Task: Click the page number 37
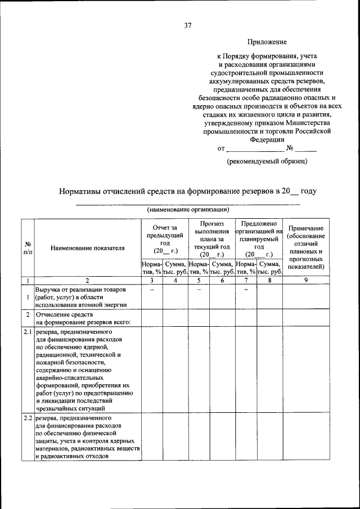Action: (188, 25)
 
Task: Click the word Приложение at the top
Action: (268, 42)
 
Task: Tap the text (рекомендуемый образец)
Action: (267, 161)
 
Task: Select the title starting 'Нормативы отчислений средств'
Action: (188, 191)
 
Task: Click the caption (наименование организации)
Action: (188, 209)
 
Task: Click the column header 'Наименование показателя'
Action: (87, 247)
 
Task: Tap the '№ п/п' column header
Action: (28, 248)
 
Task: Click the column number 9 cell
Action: (305, 280)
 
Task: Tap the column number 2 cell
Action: (87, 280)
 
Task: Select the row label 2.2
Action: (28, 419)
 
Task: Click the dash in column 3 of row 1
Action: (152, 290)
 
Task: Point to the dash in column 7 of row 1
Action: (246, 290)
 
